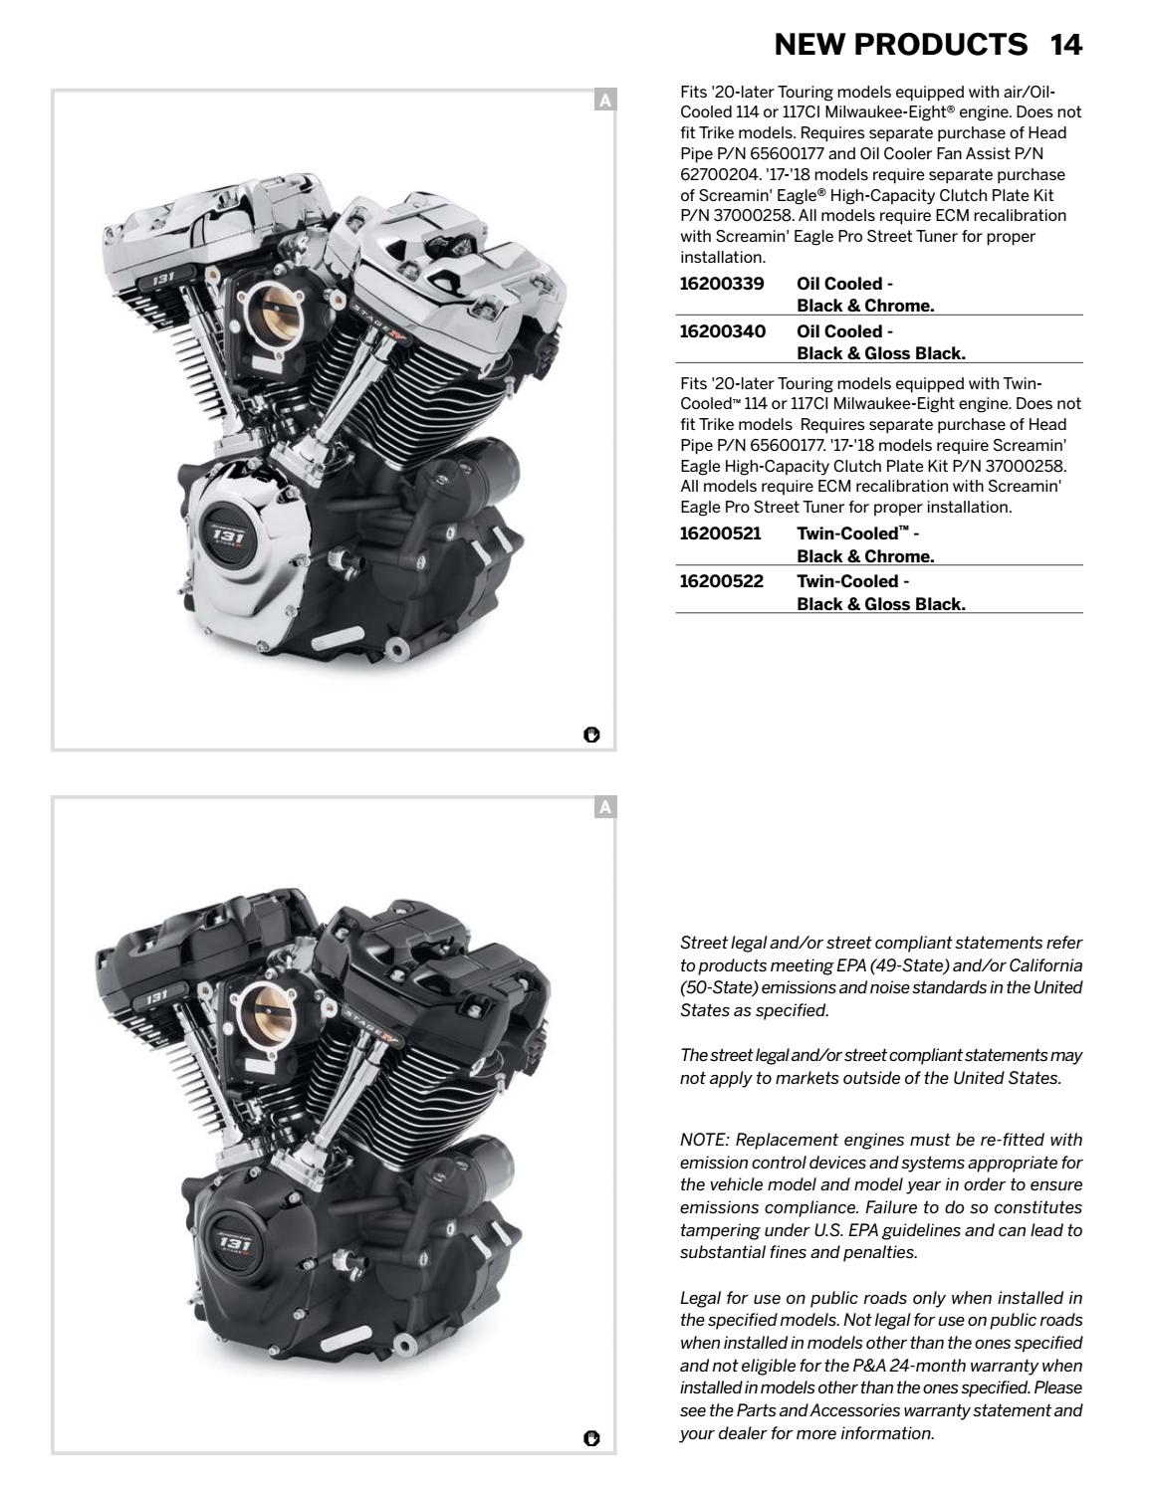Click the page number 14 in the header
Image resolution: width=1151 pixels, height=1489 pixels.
tap(1065, 45)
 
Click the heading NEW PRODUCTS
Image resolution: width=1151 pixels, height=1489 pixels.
tap(900, 45)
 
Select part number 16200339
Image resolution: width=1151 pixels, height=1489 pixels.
tap(722, 284)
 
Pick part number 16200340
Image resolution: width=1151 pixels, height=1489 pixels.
tap(722, 331)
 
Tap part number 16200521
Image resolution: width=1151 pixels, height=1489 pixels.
tap(720, 533)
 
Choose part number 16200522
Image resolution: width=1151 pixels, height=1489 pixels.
tap(721, 581)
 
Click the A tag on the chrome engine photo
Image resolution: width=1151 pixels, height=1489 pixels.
tap(605, 100)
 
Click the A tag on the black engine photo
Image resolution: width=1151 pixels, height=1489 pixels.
tap(605, 807)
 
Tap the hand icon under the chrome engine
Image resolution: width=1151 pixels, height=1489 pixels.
tap(591, 736)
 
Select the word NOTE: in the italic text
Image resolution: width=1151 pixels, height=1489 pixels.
tap(706, 1140)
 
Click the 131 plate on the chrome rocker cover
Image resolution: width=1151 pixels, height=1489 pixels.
tap(161, 281)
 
